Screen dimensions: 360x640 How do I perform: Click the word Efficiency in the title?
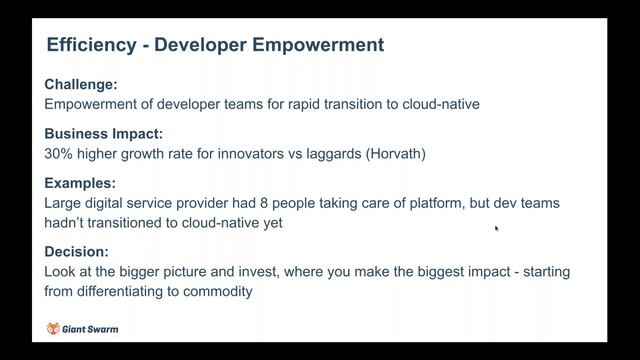90,45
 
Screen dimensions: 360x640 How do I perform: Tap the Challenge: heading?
82,84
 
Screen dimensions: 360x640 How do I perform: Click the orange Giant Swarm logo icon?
54,328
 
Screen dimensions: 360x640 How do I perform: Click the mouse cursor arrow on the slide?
496,228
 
